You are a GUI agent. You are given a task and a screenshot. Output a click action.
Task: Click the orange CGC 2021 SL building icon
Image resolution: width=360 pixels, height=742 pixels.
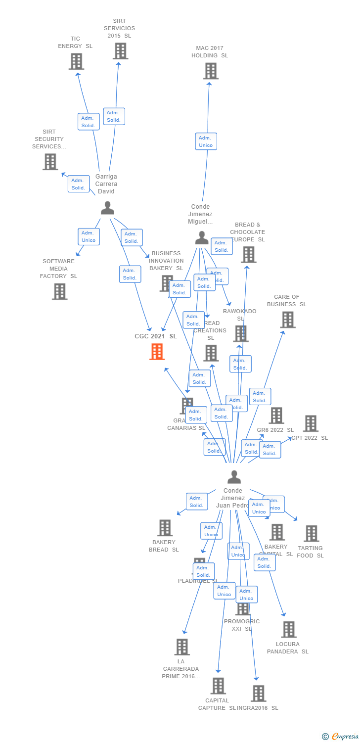(x=157, y=352)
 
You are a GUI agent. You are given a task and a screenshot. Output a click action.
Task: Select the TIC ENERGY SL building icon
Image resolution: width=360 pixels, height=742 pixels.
(x=76, y=61)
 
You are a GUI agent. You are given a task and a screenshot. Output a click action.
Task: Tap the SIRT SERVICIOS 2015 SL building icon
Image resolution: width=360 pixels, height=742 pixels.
(x=120, y=51)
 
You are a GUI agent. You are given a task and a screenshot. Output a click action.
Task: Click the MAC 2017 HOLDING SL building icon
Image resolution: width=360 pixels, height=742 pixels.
(x=211, y=71)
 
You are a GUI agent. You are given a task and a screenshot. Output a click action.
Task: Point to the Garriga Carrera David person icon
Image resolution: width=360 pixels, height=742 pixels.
(x=107, y=208)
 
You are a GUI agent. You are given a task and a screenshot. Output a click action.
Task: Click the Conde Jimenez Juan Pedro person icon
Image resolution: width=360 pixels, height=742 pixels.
(x=234, y=477)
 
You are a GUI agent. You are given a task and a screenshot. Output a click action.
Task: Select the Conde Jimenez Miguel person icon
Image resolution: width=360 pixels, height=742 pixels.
(x=201, y=238)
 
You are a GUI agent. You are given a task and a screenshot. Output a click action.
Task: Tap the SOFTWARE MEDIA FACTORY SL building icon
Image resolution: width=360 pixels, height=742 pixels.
(x=59, y=291)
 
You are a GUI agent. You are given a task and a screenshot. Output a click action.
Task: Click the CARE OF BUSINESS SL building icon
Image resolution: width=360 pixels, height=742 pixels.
(x=287, y=320)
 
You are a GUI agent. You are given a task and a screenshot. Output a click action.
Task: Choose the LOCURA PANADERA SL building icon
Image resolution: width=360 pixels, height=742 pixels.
(x=289, y=629)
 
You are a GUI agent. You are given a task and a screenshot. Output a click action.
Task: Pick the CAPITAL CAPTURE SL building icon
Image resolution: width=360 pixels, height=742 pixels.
(x=218, y=686)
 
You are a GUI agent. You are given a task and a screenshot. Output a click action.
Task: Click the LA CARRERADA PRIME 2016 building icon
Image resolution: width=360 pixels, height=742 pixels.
(x=182, y=647)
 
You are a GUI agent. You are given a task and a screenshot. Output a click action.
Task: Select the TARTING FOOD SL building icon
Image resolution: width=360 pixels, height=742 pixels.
(x=311, y=533)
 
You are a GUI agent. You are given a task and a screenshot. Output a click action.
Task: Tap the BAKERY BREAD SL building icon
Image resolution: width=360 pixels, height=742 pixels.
(x=165, y=528)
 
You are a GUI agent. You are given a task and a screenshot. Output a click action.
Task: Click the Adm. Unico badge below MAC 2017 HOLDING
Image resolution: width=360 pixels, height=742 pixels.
(x=206, y=141)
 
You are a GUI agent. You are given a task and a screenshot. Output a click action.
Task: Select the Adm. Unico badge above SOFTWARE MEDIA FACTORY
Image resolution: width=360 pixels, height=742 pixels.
(x=89, y=236)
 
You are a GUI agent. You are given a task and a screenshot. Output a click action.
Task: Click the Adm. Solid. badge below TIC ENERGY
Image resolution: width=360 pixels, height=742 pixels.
(x=89, y=122)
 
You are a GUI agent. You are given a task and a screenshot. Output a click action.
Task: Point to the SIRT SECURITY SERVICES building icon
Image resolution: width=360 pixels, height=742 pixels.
(x=50, y=162)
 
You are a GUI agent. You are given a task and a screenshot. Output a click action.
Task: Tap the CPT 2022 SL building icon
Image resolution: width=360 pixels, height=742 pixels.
(x=311, y=423)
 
